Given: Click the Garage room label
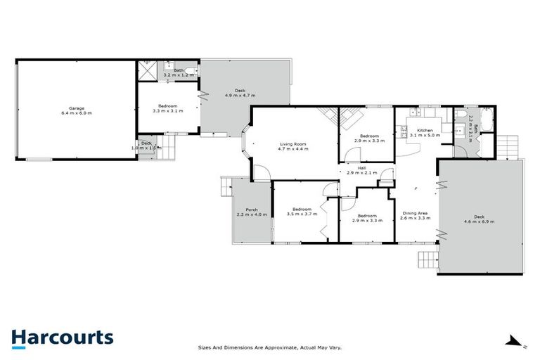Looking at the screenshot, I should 77,108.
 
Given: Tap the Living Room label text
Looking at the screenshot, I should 292,143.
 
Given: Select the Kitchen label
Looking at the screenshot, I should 425,130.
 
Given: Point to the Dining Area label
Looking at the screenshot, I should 414,213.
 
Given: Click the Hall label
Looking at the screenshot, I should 361,168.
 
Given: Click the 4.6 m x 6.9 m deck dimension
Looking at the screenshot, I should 479,221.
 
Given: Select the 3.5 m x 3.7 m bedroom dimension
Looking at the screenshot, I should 302,214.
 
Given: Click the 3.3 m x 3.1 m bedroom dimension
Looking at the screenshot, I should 168,110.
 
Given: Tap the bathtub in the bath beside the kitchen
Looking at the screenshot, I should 486,128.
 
